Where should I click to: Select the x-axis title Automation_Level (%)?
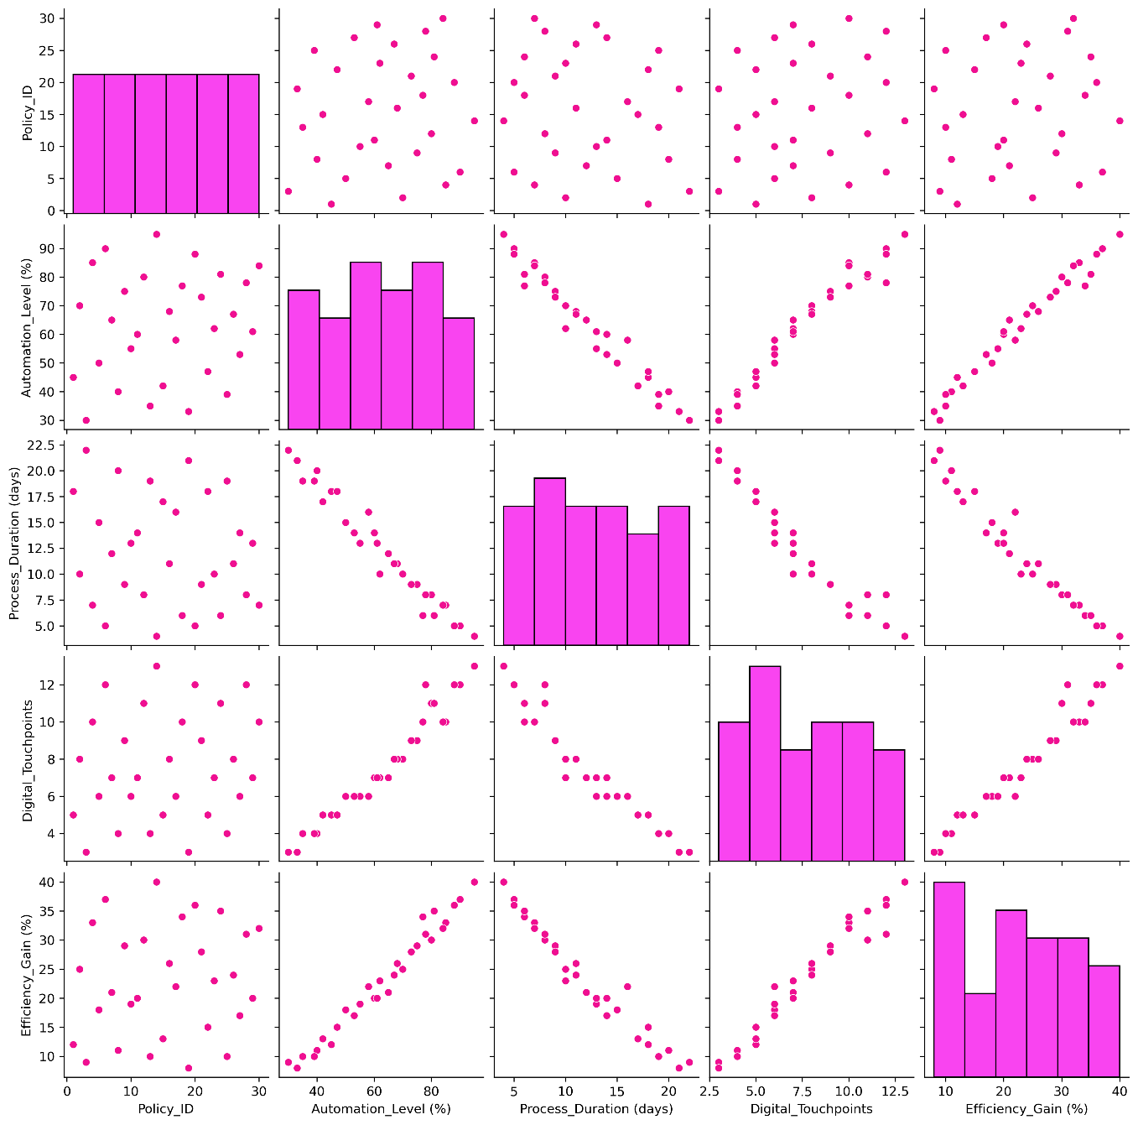[x=381, y=1109]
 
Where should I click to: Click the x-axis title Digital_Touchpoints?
[x=810, y=1109]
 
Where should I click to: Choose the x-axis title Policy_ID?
[x=166, y=1109]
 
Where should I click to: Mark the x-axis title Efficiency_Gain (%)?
[x=1026, y=1109]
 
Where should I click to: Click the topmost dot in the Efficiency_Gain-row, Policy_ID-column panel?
[x=157, y=882]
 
